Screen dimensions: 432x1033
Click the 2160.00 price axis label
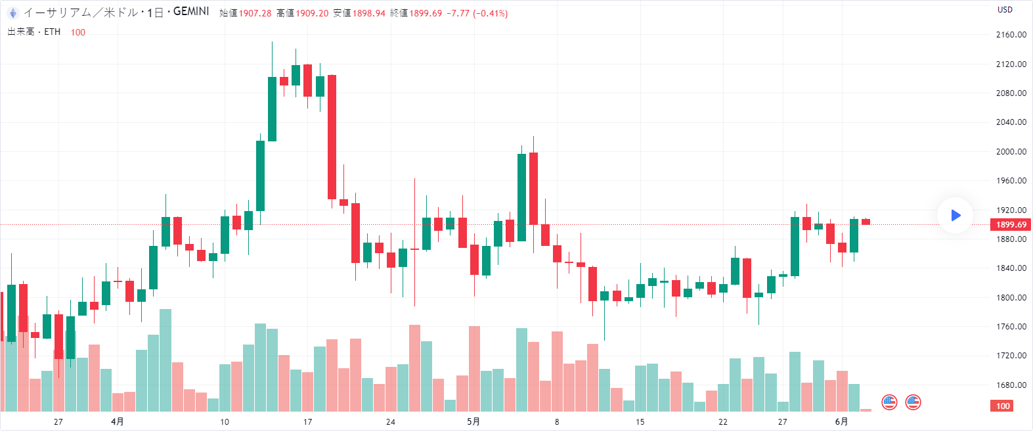(1011, 35)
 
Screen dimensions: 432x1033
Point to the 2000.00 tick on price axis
(1011, 151)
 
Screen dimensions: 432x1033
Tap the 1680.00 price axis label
(1011, 385)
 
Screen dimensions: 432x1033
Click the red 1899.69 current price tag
(1011, 225)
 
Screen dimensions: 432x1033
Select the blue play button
(955, 215)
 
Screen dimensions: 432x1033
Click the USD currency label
(1005, 10)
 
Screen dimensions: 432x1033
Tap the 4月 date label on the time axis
(118, 421)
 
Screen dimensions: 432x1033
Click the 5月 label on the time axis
(473, 421)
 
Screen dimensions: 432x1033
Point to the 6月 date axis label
(841, 421)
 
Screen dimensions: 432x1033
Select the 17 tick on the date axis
(307, 421)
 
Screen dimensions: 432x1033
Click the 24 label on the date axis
(391, 421)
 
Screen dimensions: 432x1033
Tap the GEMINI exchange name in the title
(191, 12)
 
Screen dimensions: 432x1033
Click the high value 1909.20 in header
(311, 13)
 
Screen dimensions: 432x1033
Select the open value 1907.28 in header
(255, 13)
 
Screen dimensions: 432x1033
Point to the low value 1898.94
(368, 13)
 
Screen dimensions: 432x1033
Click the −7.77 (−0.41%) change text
(477, 13)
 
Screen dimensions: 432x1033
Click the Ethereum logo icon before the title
(12, 12)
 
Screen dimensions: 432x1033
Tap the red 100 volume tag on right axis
(1003, 406)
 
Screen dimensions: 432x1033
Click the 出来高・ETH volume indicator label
(34, 32)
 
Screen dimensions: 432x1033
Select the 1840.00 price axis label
(1011, 268)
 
